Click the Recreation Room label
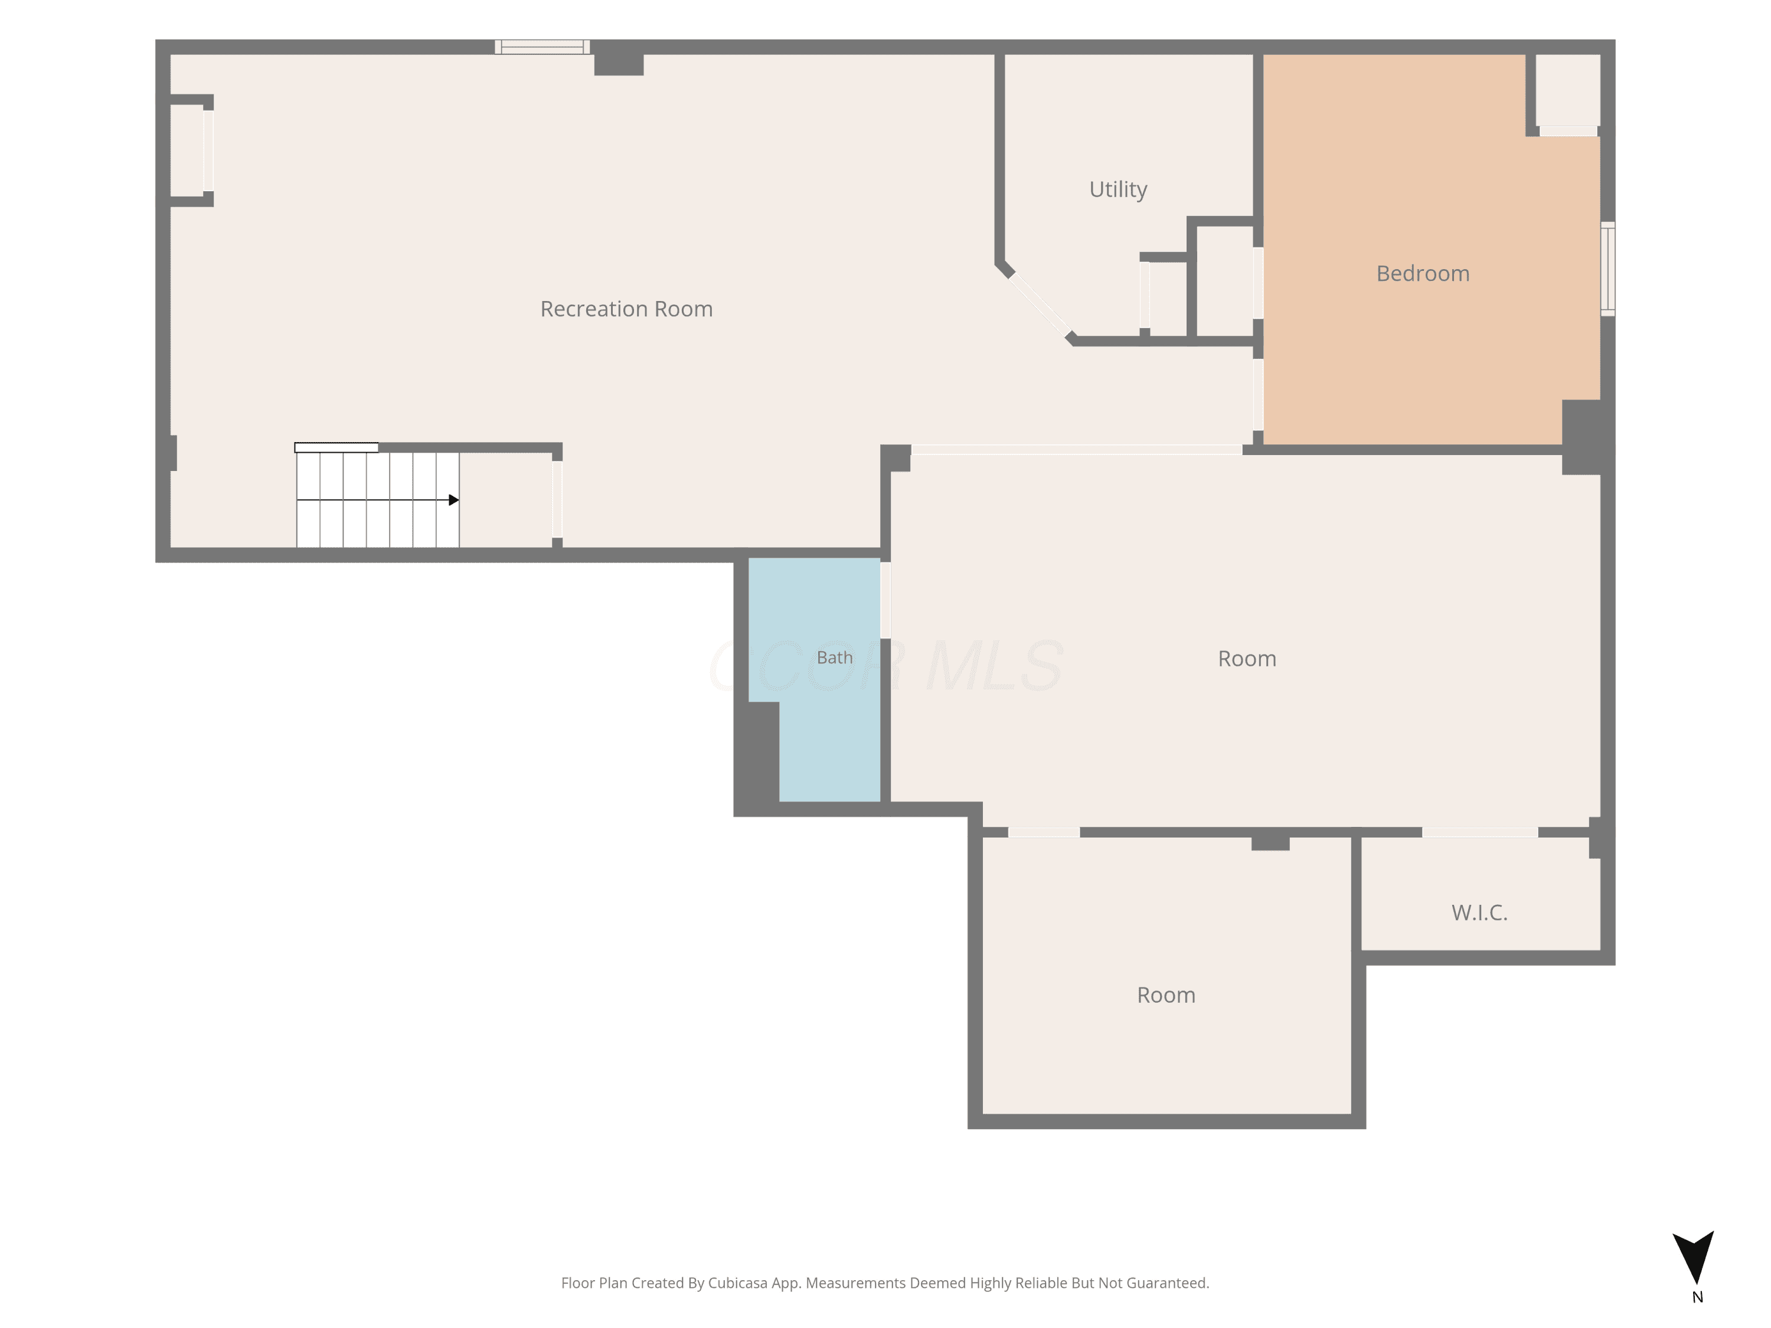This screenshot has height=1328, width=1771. pos(626,309)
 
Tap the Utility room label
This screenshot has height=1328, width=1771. pos(1119,189)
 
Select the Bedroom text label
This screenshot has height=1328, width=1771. pos(1423,274)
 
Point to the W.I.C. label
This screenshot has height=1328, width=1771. pos(1479,912)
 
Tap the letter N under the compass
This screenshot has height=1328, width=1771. pos(1697,1297)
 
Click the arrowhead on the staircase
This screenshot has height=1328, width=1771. pos(454,501)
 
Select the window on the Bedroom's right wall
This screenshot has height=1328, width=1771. pos(1607,269)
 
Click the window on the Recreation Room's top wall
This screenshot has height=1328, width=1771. pos(542,47)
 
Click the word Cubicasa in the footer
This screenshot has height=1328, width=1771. pos(737,1283)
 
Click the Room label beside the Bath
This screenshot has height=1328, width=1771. pos(1247,659)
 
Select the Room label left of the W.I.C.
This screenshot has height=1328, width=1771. pos(1166,995)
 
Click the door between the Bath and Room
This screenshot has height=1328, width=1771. pos(886,600)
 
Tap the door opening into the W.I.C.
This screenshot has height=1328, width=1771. pos(1479,832)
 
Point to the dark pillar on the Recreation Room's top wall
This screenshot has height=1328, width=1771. pos(619,58)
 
